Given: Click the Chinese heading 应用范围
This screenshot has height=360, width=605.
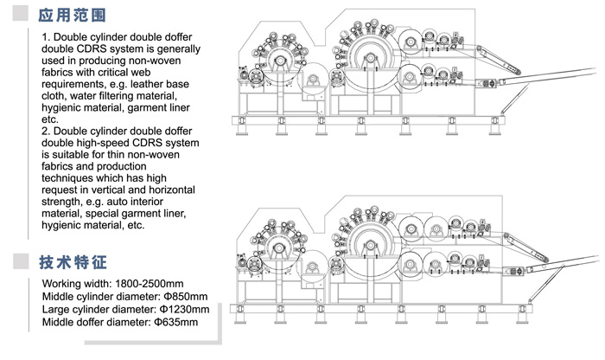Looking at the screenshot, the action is tap(72, 15).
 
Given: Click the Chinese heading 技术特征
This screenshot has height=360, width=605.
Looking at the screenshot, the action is tap(73, 262).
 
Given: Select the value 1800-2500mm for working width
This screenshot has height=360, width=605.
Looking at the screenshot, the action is tap(150, 284).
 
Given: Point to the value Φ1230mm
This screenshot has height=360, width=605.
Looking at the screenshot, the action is tap(184, 309).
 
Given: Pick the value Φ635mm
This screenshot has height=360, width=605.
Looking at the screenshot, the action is tap(176, 322).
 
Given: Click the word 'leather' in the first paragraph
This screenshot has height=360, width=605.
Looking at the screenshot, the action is tap(147, 84).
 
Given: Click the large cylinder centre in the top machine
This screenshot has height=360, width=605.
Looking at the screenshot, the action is tap(371, 58).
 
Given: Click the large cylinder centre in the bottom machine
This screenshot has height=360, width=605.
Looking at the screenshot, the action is tap(371, 245).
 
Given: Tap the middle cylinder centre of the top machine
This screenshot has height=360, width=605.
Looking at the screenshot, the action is tap(280, 61).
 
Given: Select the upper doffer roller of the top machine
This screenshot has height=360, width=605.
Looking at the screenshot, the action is tap(411, 40).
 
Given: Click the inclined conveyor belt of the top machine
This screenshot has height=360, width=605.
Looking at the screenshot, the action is tap(499, 61).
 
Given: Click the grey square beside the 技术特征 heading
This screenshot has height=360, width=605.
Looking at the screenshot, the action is tap(21, 261).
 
